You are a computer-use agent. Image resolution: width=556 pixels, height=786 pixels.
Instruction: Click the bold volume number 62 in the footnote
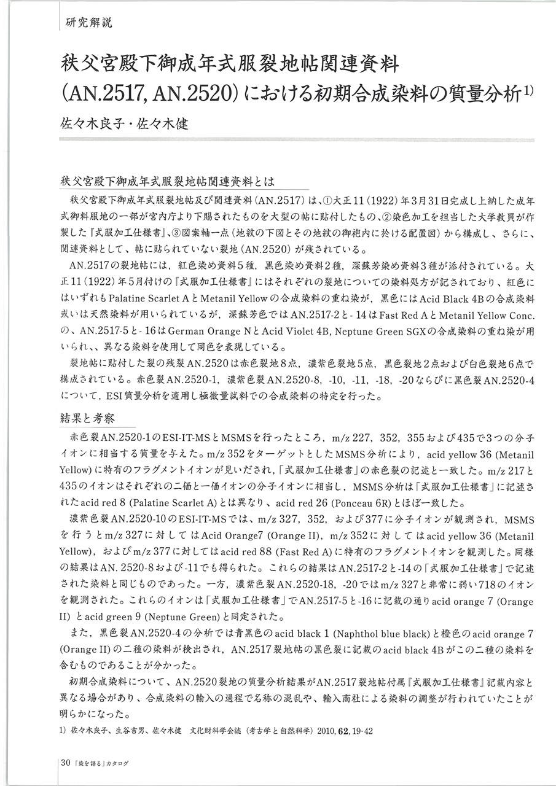(351, 731)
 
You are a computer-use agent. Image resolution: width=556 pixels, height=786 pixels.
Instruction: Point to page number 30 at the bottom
(66, 763)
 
